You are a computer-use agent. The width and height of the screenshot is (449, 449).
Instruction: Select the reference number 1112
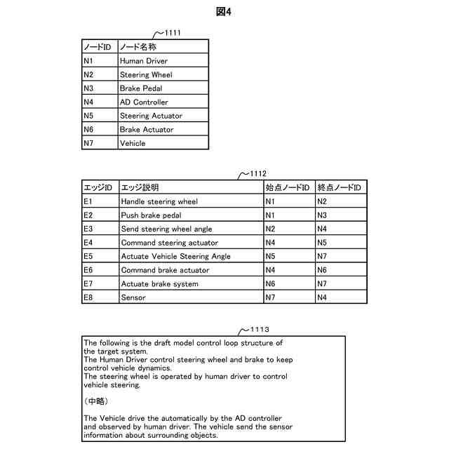pos(256,173)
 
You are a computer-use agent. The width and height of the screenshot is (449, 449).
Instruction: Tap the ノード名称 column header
pos(138,47)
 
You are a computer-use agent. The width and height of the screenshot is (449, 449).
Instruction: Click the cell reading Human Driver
pos(143,61)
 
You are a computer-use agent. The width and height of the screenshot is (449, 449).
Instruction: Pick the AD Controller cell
pos(144,102)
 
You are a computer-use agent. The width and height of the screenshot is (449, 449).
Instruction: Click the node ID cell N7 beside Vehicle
pos(88,143)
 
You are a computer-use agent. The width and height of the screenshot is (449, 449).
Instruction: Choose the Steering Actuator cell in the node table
pos(151,116)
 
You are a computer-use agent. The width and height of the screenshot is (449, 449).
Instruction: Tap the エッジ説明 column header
pos(140,187)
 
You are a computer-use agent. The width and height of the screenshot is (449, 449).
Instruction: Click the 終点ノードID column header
pos(339,187)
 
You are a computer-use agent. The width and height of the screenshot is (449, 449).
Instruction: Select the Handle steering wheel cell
pos(159,201)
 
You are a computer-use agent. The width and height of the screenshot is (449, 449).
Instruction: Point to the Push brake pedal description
pos(151,215)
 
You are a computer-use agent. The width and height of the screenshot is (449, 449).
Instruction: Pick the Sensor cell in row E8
pos(133,297)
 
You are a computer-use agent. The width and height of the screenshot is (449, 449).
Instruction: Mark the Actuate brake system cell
pos(159,283)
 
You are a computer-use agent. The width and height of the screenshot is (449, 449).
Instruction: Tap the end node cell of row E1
pos(322,201)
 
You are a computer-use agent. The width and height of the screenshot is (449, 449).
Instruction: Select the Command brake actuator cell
pos(165,270)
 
